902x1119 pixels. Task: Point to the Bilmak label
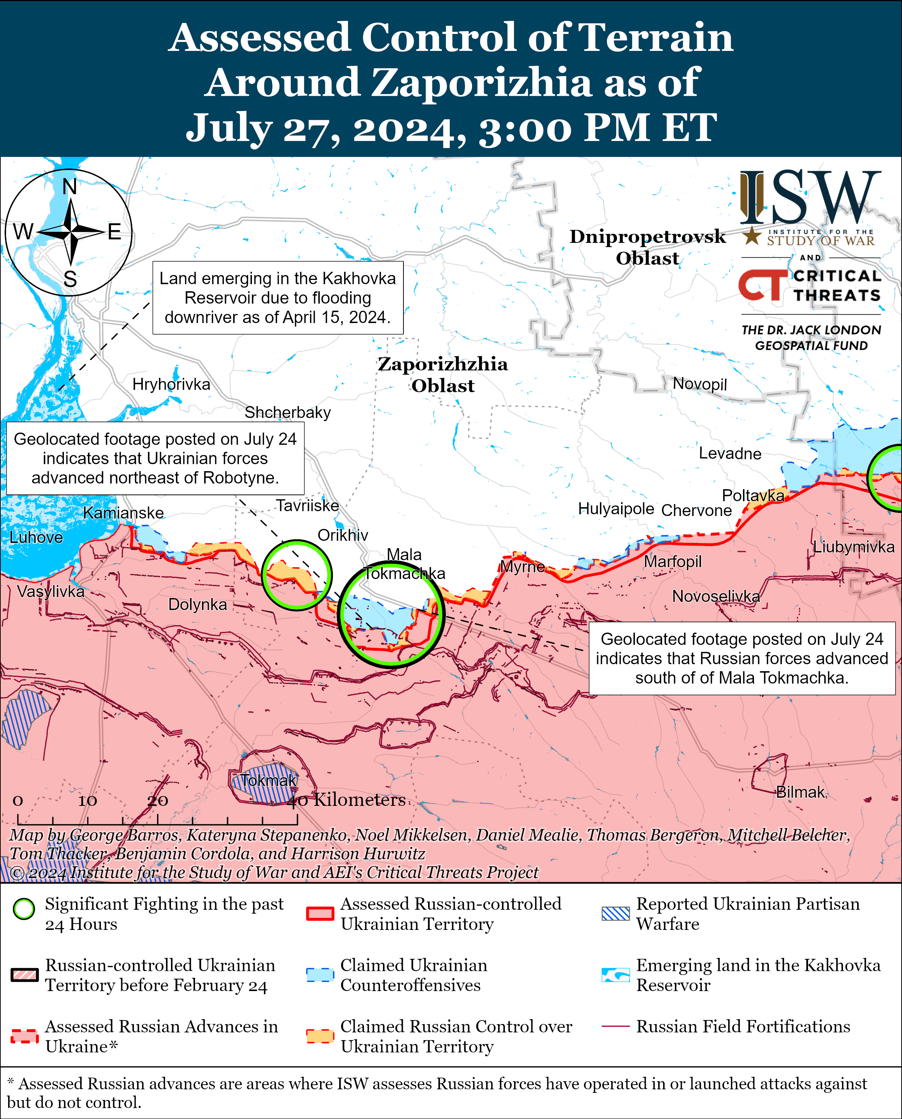tap(800, 792)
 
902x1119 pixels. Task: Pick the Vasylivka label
tap(51, 591)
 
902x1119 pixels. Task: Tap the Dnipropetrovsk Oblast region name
tap(647, 247)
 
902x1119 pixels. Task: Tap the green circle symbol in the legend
tap(24, 909)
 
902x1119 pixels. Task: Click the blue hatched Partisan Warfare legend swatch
tap(615, 914)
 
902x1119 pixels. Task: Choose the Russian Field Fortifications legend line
tap(615, 1026)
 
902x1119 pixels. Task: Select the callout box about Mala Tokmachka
tap(742, 658)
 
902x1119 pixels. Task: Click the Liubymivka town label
tap(853, 547)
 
